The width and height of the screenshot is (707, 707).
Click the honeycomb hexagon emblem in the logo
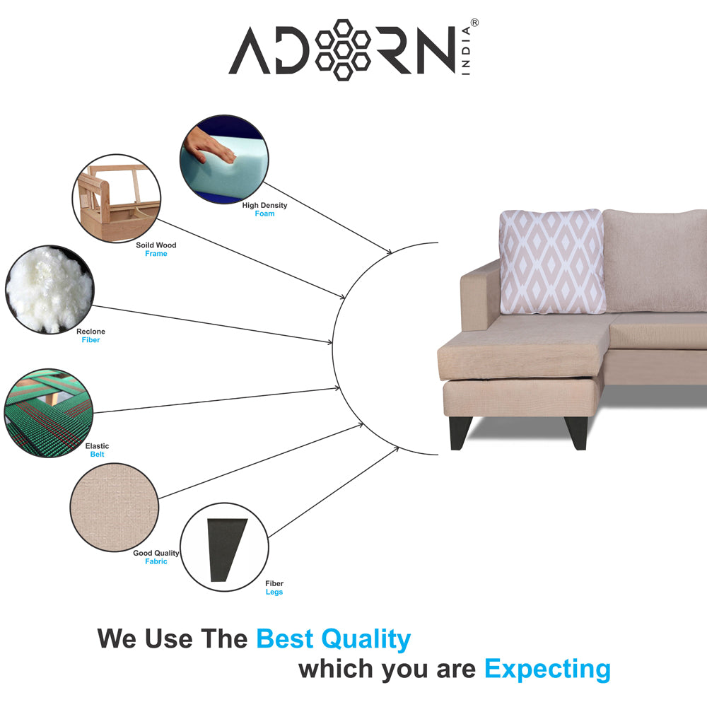click(343, 50)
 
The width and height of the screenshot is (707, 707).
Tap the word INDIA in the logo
click(466, 50)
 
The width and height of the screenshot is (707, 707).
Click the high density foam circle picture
click(224, 159)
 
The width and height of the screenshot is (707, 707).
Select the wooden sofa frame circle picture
click(117, 199)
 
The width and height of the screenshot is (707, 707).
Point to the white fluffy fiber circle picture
click(49, 289)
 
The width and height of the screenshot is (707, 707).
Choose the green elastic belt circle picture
click(49, 413)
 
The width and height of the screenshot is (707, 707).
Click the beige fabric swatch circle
click(115, 507)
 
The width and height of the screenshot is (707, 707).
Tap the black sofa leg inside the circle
click(227, 549)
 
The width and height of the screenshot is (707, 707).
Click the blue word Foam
click(264, 214)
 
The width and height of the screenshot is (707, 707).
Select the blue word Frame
click(156, 254)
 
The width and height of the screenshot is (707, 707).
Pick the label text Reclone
click(90, 332)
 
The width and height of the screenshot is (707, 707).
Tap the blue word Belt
click(97, 455)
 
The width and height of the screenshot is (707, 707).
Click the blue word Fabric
click(156, 561)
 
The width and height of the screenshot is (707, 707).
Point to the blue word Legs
click(274, 592)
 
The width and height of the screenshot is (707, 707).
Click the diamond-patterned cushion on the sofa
click(553, 262)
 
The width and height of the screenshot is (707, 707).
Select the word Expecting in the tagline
click(548, 669)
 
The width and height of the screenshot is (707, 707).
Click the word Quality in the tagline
click(366, 639)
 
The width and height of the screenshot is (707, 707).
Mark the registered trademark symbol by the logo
click(474, 23)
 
